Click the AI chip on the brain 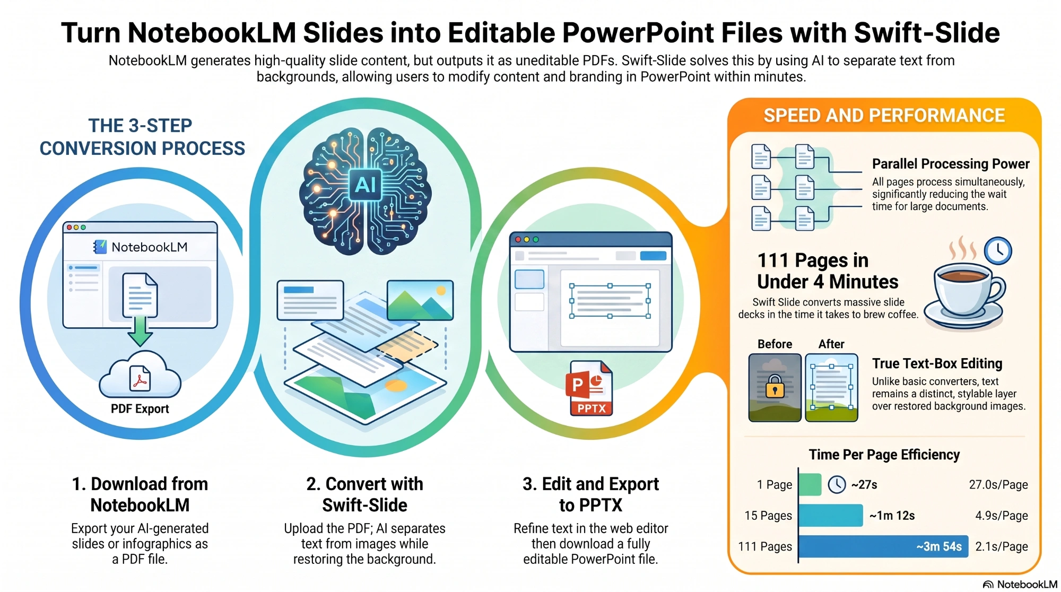click(365, 185)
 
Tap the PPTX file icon click(590, 388)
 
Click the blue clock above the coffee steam click(998, 250)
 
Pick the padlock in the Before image click(775, 386)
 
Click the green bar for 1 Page click(810, 484)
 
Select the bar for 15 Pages click(831, 515)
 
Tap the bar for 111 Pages click(883, 546)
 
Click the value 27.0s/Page click(998, 484)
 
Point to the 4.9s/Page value click(1002, 515)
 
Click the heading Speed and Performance click(884, 115)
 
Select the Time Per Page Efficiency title click(884, 455)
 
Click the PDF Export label click(140, 408)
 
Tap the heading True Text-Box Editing click(937, 363)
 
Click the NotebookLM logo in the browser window click(141, 247)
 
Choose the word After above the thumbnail click(831, 344)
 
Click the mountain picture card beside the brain click(420, 300)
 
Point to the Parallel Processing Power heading click(951, 163)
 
